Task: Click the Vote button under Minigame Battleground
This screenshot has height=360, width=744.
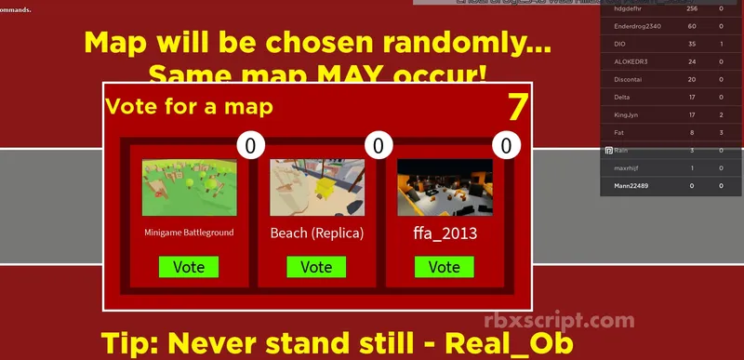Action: [x=189, y=267]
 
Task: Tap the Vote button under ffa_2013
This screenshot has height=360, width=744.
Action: [x=444, y=267]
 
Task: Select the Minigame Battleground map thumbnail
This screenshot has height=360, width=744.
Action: [x=189, y=187]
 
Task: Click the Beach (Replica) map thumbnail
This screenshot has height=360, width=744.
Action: [x=316, y=187]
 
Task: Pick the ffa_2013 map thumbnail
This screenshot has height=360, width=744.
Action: [x=444, y=187]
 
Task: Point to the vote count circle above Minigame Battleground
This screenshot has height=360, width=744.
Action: [x=251, y=145]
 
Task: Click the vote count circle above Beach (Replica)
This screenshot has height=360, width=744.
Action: [x=379, y=145]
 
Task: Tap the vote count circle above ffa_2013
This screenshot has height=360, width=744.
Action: [x=506, y=145]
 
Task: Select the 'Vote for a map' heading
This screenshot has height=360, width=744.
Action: [x=190, y=106]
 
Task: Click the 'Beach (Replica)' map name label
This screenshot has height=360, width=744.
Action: [x=316, y=233]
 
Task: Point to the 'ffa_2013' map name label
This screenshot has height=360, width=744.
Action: [x=444, y=233]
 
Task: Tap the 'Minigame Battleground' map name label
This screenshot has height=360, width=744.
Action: [x=189, y=233]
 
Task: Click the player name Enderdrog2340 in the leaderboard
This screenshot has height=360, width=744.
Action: [x=635, y=26]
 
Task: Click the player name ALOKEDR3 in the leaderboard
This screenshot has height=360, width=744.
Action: [x=630, y=61]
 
